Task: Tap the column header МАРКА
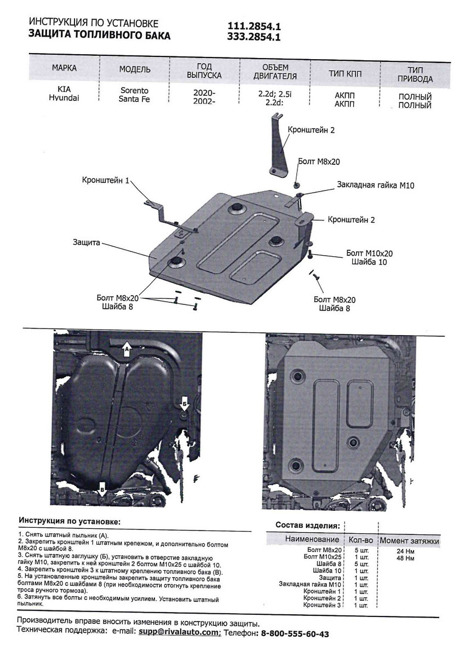[64, 68]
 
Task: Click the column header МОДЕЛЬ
[135, 70]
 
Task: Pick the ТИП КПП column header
[345, 73]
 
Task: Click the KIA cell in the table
[63, 88]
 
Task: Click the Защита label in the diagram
[85, 241]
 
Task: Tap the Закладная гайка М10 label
[376, 185]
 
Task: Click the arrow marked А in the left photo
[127, 348]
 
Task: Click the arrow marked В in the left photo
[102, 487]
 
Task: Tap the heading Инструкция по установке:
[70, 520]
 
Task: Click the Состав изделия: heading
[307, 525]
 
